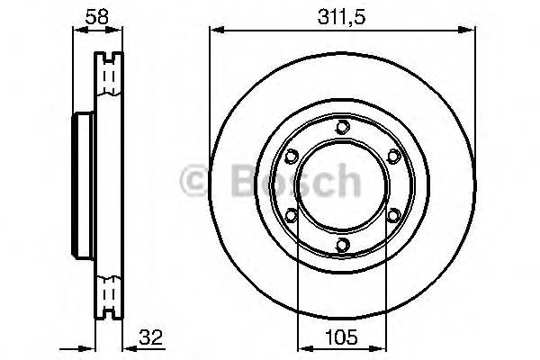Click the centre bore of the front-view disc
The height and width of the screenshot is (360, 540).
point(341,185)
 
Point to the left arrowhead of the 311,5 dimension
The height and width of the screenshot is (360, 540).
point(214,31)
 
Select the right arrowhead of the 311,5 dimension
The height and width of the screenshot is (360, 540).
point(469,31)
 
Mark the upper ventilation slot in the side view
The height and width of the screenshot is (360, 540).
point(111,76)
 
